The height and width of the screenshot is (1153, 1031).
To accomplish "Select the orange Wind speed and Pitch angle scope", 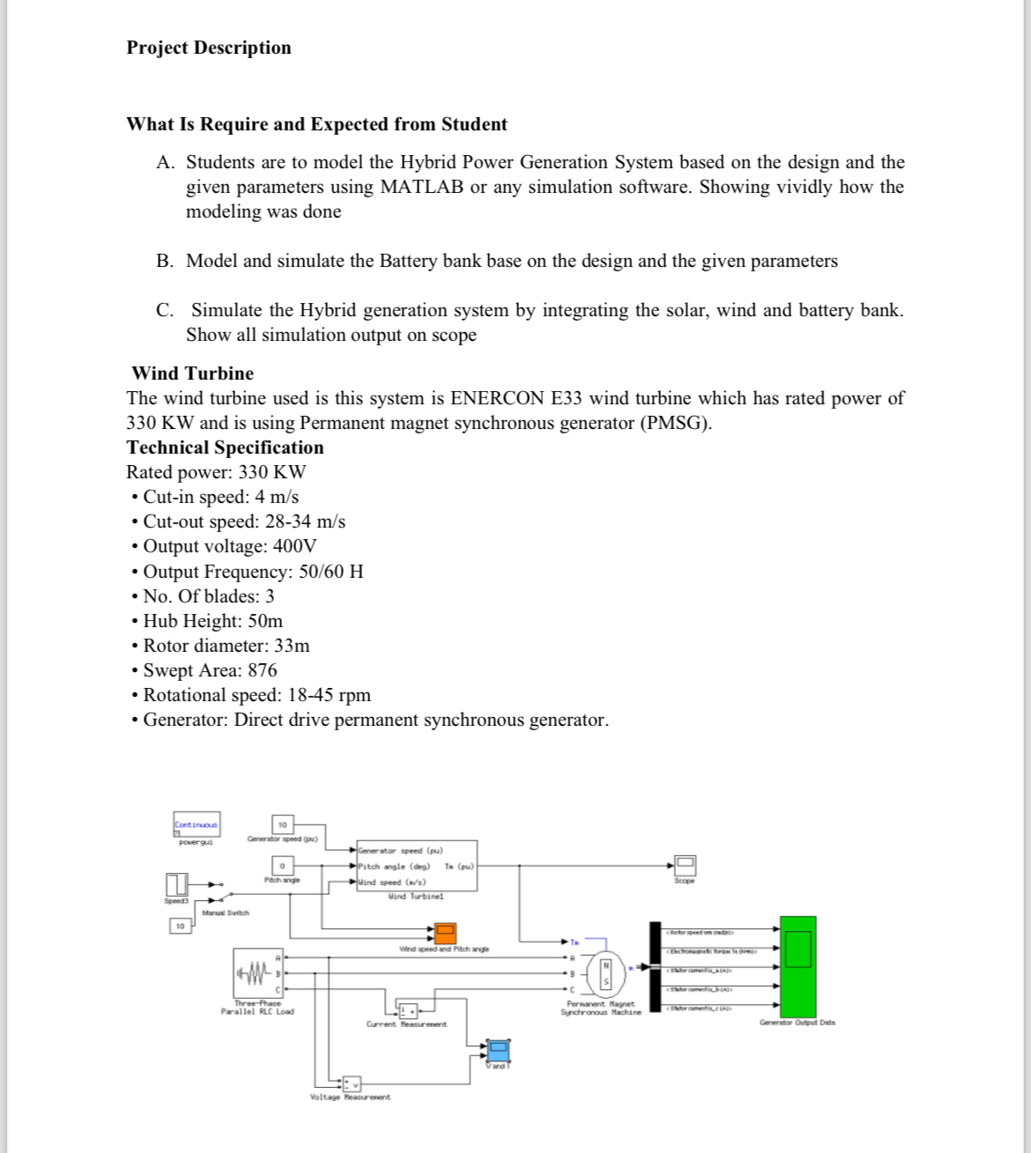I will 444,934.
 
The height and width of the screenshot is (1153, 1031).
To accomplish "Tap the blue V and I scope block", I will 499,1051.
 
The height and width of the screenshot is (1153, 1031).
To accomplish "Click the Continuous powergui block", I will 197,824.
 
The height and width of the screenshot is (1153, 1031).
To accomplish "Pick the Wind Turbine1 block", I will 416,866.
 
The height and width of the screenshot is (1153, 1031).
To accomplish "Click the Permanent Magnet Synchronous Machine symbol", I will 605,972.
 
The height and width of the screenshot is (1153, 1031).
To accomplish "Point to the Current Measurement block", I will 408,1009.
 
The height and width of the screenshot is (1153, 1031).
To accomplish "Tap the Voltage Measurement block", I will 351,1083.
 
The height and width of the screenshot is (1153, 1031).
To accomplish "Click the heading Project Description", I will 209,48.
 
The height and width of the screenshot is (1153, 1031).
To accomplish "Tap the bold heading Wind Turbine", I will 192,373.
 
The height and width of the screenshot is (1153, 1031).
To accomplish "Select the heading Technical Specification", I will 225,447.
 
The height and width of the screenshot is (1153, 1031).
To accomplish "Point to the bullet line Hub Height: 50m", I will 212,621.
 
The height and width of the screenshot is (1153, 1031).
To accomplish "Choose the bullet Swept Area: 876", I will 210,670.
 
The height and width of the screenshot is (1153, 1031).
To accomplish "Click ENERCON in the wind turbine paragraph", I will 497,398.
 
